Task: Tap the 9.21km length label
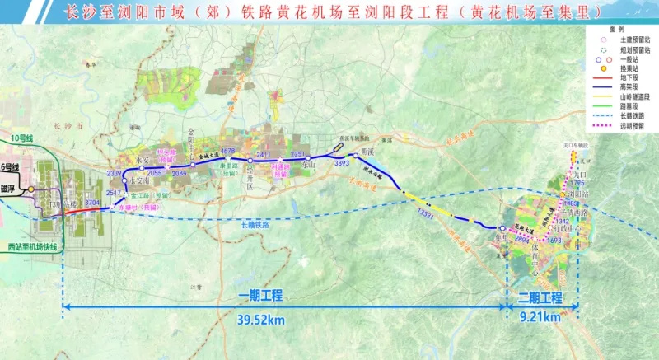(540, 316)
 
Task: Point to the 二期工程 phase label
(540, 297)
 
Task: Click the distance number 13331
(426, 214)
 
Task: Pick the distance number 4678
(228, 151)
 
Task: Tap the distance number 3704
(92, 202)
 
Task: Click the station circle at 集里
(502, 229)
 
